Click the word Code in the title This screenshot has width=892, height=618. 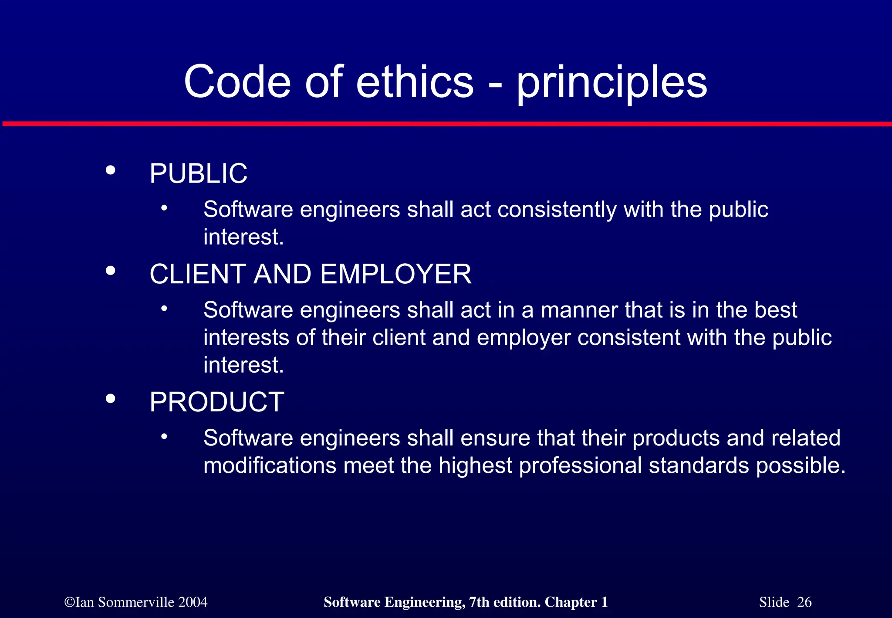(x=237, y=81)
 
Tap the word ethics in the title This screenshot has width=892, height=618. (x=415, y=81)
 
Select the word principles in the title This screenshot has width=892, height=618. (x=612, y=83)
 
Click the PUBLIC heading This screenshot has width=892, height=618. (x=198, y=173)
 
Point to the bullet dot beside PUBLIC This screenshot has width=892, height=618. (x=111, y=170)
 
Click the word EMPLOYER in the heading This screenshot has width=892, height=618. (x=395, y=274)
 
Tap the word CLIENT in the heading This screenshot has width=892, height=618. (x=198, y=274)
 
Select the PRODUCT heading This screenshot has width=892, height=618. (x=216, y=402)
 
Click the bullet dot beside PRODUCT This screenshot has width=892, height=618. (x=111, y=398)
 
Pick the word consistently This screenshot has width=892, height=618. (x=557, y=210)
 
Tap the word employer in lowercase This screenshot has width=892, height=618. (x=524, y=338)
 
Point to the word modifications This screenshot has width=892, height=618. (x=270, y=465)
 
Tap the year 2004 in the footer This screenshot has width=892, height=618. (x=193, y=602)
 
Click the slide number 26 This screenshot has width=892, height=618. (x=804, y=602)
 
